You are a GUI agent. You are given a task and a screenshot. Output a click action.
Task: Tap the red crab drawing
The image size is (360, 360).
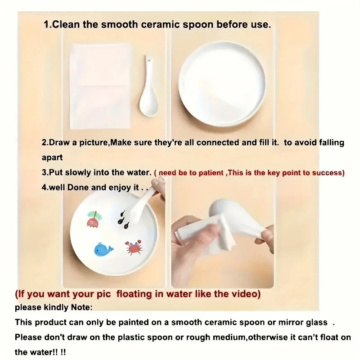tap(134, 247)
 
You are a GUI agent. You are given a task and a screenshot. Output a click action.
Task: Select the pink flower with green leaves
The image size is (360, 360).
tap(94, 219)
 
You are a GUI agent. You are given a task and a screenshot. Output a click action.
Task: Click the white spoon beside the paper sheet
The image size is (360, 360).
tap(148, 86)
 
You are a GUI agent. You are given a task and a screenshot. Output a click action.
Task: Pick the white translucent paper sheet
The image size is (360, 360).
tap(100, 86)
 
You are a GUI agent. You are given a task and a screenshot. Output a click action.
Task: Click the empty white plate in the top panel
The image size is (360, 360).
tap(222, 83)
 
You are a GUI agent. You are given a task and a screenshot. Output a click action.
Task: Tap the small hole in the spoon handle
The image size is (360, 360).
tap(150, 61)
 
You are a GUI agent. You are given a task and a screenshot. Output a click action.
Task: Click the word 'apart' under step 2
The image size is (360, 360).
tap(52, 158)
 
